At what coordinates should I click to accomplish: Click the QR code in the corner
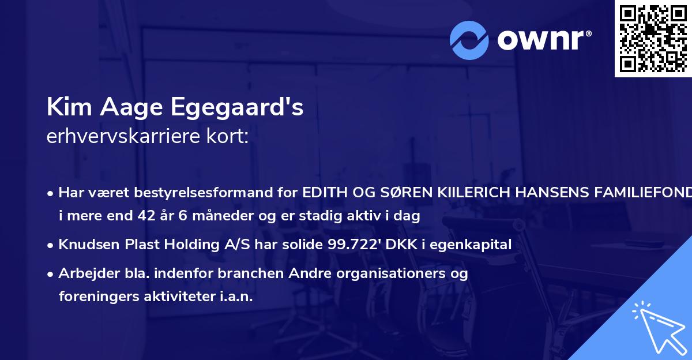tap(653, 38)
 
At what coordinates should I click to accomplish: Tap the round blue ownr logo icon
tap(469, 40)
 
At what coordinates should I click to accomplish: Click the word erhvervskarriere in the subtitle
tap(123, 137)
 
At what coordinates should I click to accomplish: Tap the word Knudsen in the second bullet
tap(85, 245)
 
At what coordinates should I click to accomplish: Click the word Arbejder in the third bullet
tap(84, 273)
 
